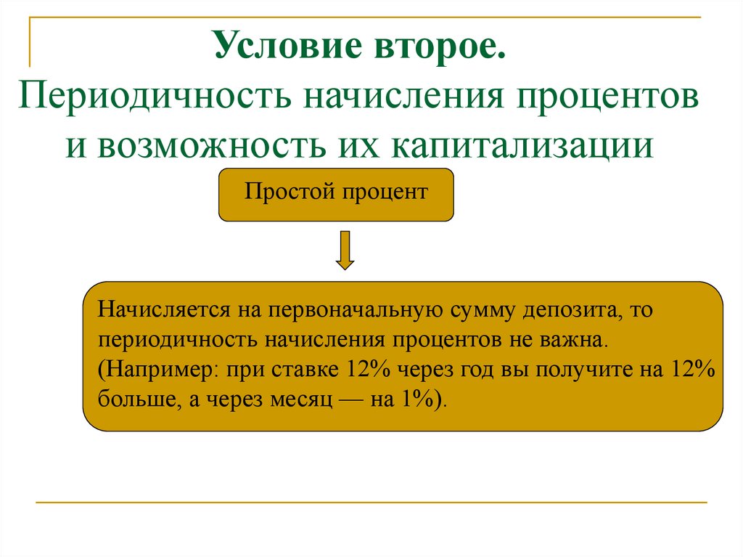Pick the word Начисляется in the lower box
tap(162, 311)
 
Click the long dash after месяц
tap(347, 399)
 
